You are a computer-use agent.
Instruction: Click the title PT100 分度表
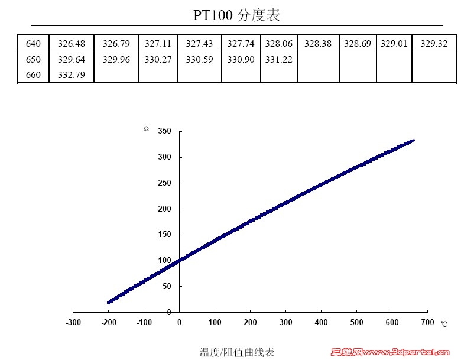(x=236, y=15)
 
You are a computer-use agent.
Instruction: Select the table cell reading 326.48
(x=72, y=44)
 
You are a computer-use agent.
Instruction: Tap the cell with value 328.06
(x=278, y=44)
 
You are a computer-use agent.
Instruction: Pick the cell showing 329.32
(x=434, y=44)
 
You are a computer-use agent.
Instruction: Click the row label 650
(x=34, y=60)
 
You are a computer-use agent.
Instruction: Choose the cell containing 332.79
(x=72, y=75)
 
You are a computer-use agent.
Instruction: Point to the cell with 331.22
(x=278, y=60)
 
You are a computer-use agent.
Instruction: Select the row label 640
(x=34, y=44)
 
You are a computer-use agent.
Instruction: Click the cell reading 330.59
(x=199, y=60)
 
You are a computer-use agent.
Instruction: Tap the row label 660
(x=34, y=75)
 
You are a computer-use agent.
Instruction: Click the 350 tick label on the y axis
(x=164, y=131)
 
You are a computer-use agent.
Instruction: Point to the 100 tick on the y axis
(x=164, y=261)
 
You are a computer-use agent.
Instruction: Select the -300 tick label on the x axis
(x=73, y=323)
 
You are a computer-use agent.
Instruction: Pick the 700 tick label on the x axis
(x=427, y=323)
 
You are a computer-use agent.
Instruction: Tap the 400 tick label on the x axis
(x=321, y=323)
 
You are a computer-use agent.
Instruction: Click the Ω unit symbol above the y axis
(x=147, y=129)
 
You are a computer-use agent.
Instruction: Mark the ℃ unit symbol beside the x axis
(x=444, y=324)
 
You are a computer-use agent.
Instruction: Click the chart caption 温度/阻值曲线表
(x=237, y=352)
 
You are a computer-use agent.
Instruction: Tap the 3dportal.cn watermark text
(x=408, y=353)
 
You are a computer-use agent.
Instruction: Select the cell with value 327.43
(x=199, y=44)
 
